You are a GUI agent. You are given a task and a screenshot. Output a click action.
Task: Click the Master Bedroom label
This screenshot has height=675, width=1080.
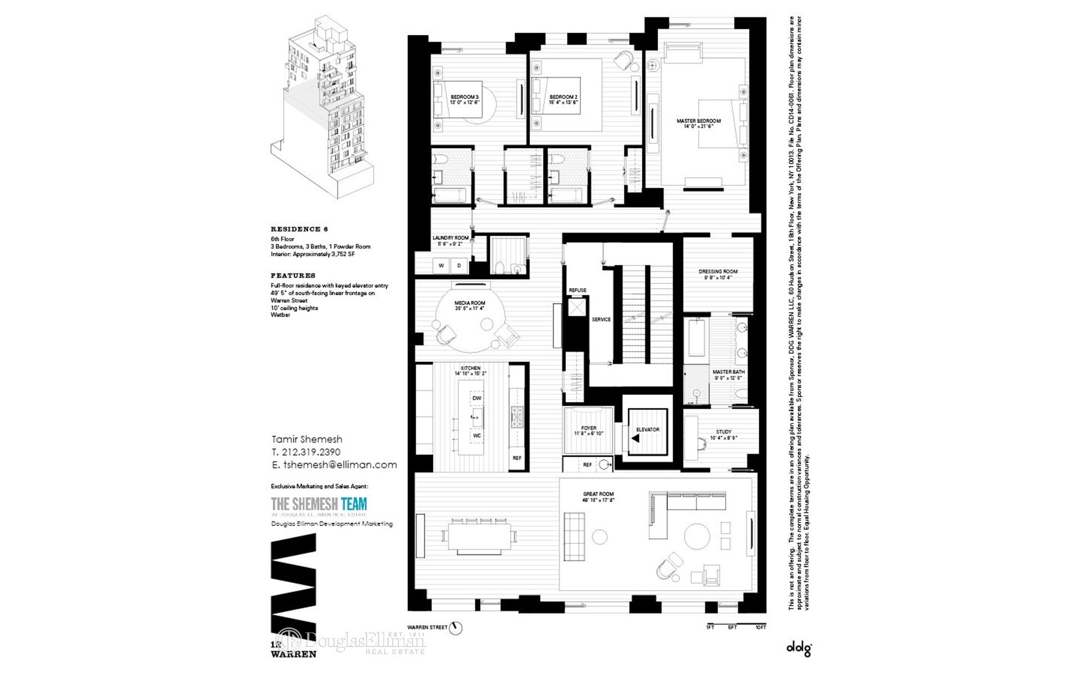tap(698, 121)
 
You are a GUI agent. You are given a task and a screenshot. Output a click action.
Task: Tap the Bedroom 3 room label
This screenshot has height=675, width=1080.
tap(464, 97)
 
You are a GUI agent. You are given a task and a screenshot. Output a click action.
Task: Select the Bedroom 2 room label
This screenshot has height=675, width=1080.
tap(563, 97)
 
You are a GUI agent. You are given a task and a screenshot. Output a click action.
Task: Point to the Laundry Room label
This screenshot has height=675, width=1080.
tap(451, 238)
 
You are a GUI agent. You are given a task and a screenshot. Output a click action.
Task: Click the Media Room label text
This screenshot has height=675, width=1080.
tap(470, 303)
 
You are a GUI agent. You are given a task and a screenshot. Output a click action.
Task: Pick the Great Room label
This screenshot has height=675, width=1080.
tap(598, 494)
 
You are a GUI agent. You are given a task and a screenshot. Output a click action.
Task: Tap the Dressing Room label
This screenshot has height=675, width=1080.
tap(718, 272)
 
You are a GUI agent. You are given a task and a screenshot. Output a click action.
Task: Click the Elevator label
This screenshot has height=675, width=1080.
tap(647, 430)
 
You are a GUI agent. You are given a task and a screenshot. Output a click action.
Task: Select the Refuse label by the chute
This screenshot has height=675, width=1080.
tap(577, 290)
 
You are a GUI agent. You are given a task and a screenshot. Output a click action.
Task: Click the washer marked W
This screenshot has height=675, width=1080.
tap(442, 265)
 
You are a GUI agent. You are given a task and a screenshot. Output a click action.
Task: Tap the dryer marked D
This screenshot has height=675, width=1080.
tap(459, 265)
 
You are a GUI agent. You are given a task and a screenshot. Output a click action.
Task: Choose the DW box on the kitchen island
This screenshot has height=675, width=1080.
tap(476, 398)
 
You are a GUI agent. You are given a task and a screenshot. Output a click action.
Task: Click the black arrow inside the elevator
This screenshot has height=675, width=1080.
tap(635, 438)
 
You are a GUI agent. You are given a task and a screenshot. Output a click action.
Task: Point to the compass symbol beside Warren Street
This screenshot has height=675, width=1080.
tap(456, 628)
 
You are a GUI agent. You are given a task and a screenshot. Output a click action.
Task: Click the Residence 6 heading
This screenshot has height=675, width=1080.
tap(299, 229)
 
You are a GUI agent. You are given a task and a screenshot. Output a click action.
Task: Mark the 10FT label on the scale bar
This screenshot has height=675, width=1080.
tap(760, 627)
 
